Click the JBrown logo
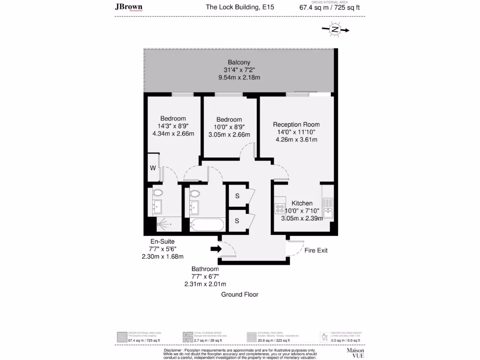[129, 7]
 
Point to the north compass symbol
[335, 30]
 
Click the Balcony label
[239, 62]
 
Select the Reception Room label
[296, 124]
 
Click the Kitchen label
[302, 203]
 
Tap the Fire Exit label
[316, 250]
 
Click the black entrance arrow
[216, 248]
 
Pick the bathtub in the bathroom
[207, 225]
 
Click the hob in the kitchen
[280, 208]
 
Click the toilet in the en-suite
[157, 192]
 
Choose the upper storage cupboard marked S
[237, 195]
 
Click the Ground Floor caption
[240, 294]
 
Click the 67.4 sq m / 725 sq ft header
[330, 7]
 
